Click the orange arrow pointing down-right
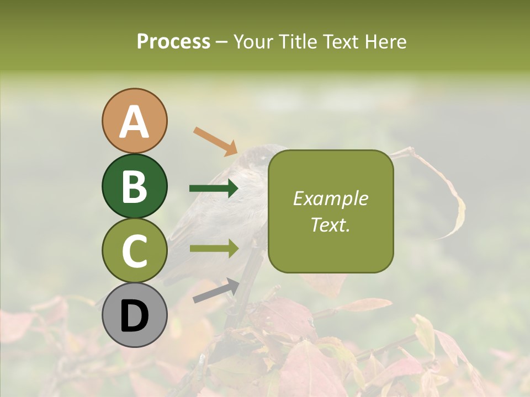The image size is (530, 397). pyautogui.click(x=215, y=141)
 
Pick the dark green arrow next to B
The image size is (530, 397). pyautogui.click(x=214, y=189)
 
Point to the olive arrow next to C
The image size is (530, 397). pyautogui.click(x=214, y=248)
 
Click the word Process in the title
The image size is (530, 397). pyautogui.click(x=173, y=41)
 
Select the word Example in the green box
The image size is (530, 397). pyautogui.click(x=330, y=198)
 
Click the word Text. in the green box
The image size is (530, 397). pyautogui.click(x=330, y=224)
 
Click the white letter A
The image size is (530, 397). pyautogui.click(x=135, y=121)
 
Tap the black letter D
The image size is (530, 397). pyautogui.click(x=135, y=316)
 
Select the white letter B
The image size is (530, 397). pyautogui.click(x=135, y=186)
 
